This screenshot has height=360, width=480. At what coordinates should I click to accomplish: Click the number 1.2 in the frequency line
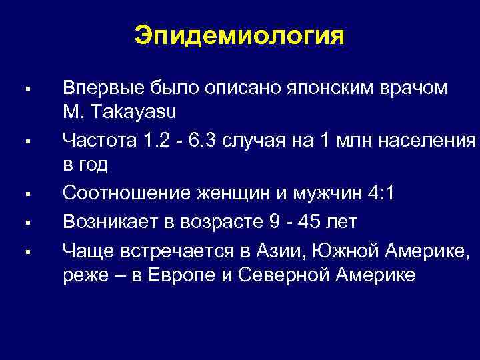pos(155,139)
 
